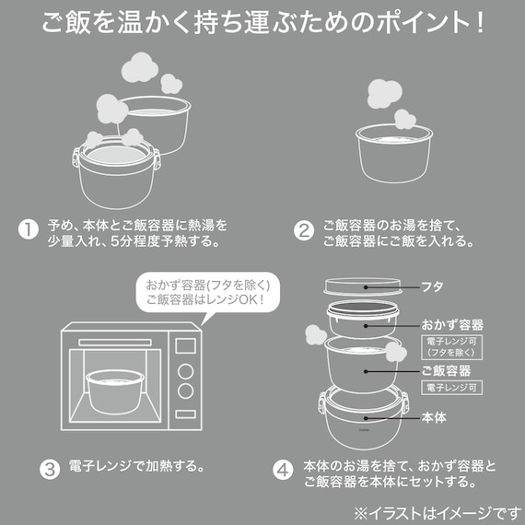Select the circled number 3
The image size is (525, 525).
(x=49, y=465)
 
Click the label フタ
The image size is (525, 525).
(x=432, y=286)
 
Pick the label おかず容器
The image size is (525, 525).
(x=452, y=325)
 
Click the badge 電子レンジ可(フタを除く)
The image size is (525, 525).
(x=451, y=346)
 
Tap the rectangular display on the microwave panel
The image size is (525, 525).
(x=185, y=346)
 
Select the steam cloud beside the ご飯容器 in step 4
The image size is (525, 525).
(x=395, y=352)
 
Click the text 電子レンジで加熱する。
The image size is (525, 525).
(x=136, y=465)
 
